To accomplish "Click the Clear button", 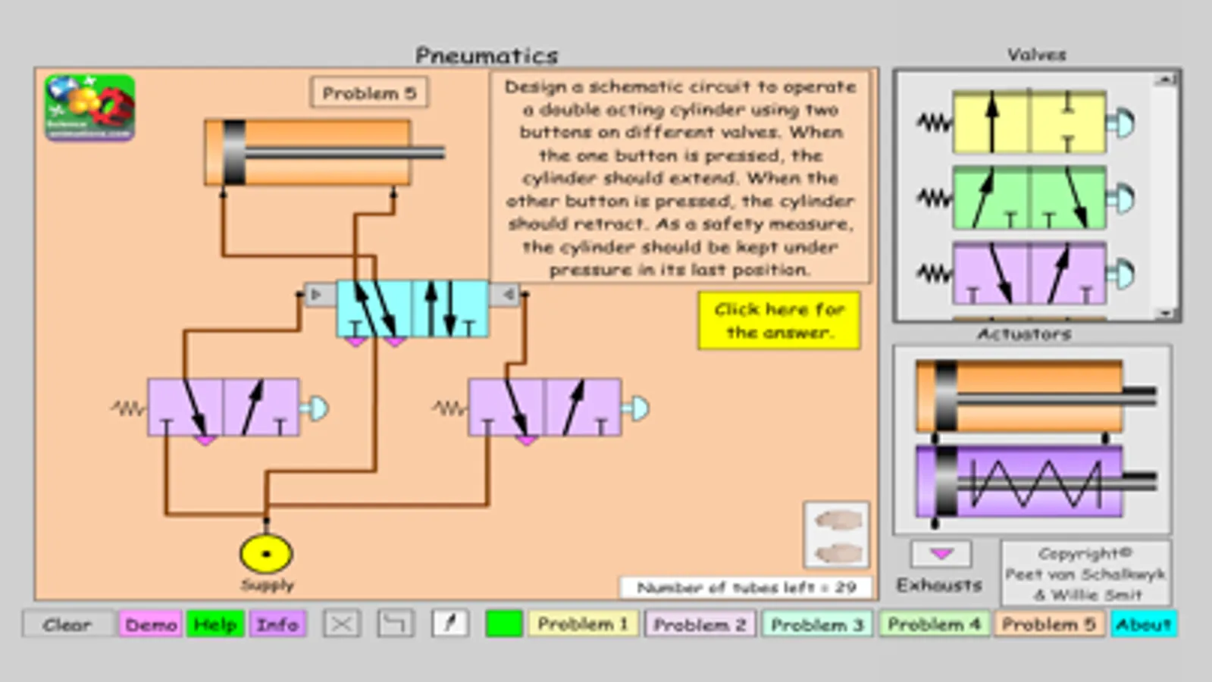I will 68,624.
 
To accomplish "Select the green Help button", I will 215,624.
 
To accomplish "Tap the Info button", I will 277,624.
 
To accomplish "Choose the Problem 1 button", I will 583,624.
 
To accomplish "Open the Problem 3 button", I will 817,624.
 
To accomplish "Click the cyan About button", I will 1144,624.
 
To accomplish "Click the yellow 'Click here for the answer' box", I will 779,321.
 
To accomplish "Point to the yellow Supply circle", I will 266,554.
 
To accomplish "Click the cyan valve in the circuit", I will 412,308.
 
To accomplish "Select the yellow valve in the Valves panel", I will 1029,123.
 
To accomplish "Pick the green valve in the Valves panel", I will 1029,198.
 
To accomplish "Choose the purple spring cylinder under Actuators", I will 1019,482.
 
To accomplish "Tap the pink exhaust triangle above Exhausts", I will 941,554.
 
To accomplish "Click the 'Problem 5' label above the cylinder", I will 369,93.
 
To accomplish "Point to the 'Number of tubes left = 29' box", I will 746,587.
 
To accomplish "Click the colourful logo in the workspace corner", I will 89,108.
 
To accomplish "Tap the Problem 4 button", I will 934,624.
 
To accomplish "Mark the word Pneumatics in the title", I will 487,55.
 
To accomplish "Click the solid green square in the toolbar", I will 504,624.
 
